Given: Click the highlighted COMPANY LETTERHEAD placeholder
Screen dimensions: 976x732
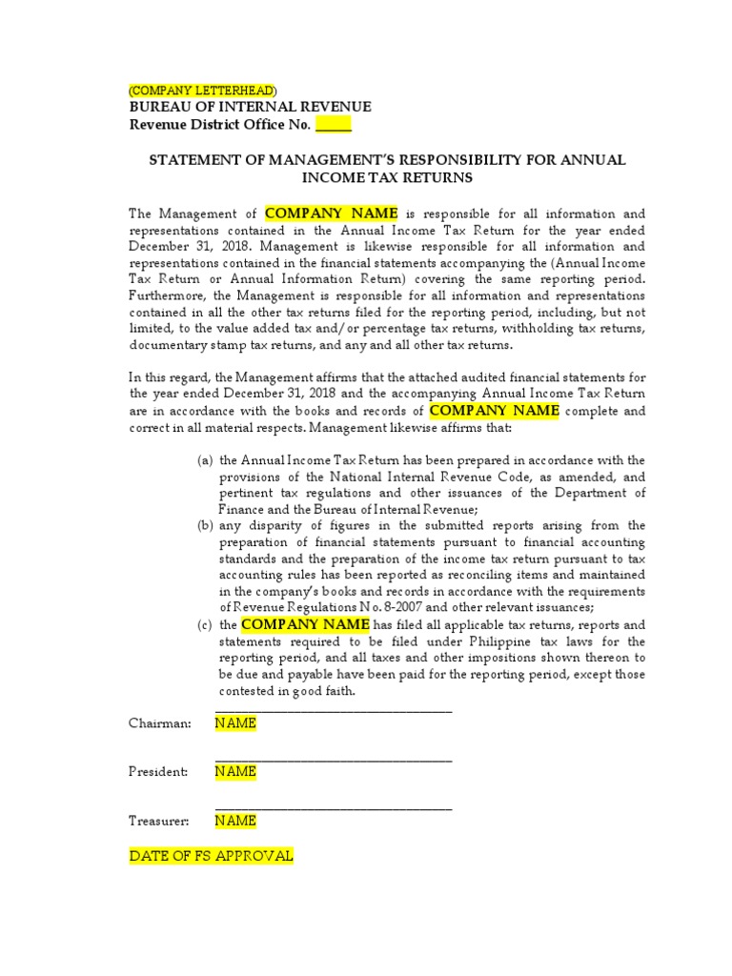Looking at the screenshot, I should pos(202,90).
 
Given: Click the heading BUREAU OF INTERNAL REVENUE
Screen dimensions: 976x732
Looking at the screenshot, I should pos(250,107).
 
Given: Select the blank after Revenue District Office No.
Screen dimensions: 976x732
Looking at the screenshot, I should pos(334,125).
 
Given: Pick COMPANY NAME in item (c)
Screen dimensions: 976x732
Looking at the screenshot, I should pos(305,624).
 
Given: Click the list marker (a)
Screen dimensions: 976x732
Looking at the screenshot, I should pos(205,460).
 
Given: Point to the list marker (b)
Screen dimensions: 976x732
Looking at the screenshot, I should pos(205,526).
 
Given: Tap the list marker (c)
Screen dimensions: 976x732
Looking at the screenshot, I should pos(205,625).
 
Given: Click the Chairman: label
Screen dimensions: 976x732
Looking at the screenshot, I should pos(160,723).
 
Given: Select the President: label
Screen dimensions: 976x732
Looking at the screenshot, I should pos(158,772).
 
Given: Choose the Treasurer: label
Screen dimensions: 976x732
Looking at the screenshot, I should pos(159,821).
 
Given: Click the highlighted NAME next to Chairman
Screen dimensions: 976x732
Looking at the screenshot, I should pos(235,723).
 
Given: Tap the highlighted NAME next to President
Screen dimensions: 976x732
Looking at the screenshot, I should pos(235,772).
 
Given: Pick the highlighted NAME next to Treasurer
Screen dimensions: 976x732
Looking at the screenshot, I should pos(235,821).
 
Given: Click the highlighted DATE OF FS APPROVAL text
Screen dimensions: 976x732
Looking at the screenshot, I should pos(211,856).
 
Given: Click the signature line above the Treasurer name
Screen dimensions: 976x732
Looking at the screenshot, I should pos(334,808).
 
